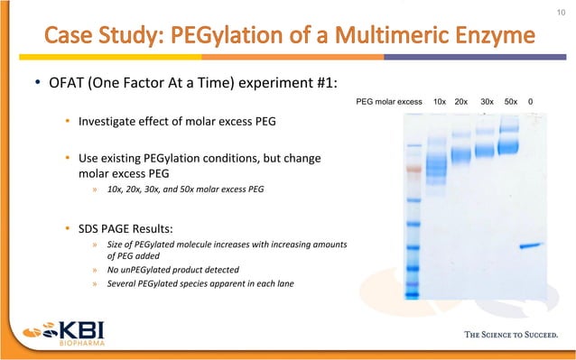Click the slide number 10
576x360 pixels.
click(559, 11)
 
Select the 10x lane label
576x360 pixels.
click(440, 102)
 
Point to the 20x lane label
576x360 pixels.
click(461, 102)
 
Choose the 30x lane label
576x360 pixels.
click(488, 102)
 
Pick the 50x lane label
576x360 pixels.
click(511, 102)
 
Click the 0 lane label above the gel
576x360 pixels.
click(530, 102)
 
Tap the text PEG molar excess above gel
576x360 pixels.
click(390, 102)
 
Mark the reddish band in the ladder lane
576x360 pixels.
click(413, 169)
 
